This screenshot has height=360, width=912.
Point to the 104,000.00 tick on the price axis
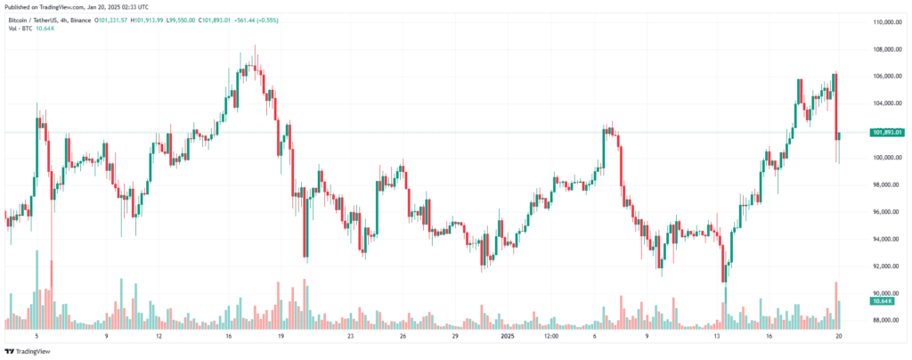(885, 103)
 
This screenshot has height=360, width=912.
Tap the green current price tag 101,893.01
(885, 133)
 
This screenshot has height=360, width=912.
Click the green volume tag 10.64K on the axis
(883, 302)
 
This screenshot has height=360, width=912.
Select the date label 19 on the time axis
(281, 337)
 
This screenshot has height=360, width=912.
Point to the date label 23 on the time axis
(351, 337)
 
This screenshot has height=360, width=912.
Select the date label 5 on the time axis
(37, 337)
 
